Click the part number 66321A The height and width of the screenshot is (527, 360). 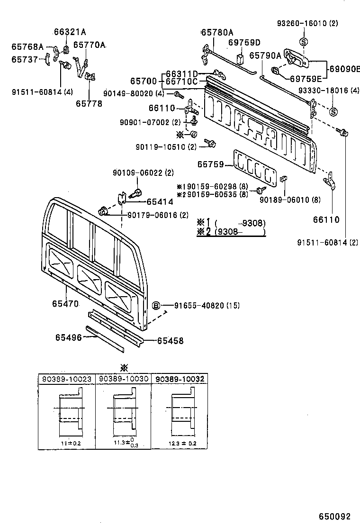(x=70, y=32)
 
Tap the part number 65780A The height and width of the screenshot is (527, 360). (x=217, y=32)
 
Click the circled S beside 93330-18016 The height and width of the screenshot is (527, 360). (x=333, y=112)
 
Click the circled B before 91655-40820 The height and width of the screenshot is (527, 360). (x=155, y=305)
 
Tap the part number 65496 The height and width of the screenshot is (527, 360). (x=68, y=337)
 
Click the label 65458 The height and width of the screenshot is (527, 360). (x=170, y=340)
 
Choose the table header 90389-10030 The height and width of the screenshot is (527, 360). (x=123, y=379)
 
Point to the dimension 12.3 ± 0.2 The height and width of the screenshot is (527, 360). (x=182, y=443)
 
